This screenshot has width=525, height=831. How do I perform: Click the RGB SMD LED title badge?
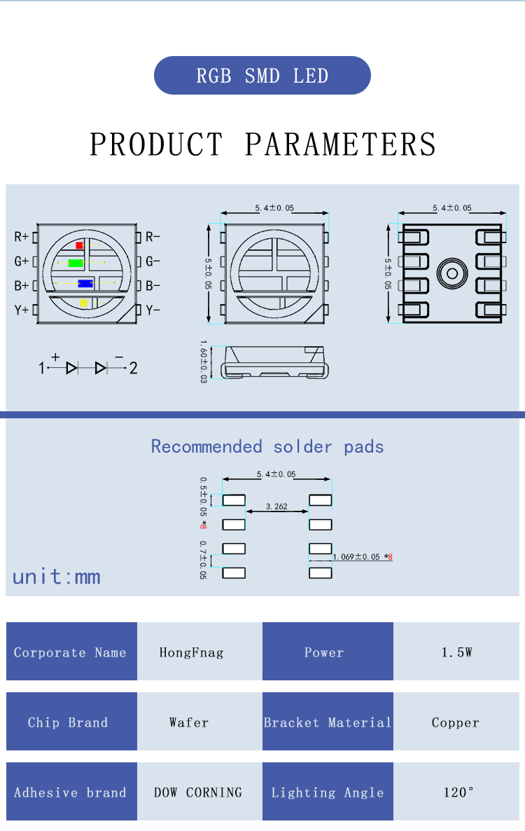[x=262, y=76]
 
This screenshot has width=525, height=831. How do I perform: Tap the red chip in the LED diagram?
[x=79, y=245]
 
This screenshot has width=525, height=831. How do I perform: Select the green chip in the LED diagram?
[x=76, y=263]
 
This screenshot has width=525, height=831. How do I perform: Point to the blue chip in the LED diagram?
[x=85, y=284]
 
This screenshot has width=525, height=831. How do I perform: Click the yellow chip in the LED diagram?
[x=83, y=303]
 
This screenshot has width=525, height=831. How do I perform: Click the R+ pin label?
[x=22, y=237]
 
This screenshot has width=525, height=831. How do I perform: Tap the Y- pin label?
[x=153, y=310]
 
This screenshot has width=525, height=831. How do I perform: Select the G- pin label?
[x=153, y=261]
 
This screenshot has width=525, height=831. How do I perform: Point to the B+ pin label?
[x=22, y=286]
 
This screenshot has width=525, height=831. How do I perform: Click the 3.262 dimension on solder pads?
[x=276, y=506]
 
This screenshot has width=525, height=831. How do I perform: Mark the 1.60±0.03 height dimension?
[x=204, y=362]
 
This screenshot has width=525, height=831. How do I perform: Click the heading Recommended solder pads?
[x=267, y=446]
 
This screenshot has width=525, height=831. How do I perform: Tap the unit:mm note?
[x=57, y=577]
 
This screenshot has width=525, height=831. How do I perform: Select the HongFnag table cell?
[x=191, y=652]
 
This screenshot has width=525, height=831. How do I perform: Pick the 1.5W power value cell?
[x=456, y=652]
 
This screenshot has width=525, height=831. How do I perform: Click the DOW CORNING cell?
[x=197, y=792]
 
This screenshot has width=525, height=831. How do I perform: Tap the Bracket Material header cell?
[x=328, y=722]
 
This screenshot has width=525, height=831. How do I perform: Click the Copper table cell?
[x=456, y=722]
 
